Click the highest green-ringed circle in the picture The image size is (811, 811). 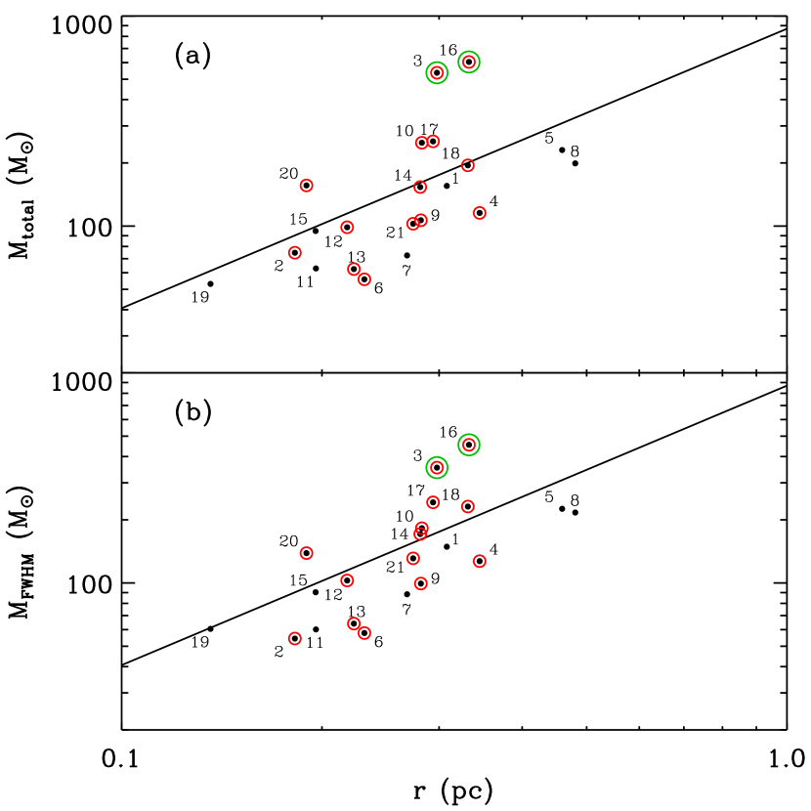click(469, 62)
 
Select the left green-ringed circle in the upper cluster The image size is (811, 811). click(437, 72)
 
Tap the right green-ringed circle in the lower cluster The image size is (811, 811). click(469, 445)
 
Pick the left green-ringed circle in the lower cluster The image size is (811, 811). click(437, 468)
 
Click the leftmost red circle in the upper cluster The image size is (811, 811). click(295, 253)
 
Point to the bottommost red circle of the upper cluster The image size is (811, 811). click(364, 279)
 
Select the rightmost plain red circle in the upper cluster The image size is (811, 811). click(480, 213)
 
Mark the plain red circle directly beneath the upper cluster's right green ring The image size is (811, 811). click(468, 165)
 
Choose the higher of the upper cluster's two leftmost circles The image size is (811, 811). click(307, 186)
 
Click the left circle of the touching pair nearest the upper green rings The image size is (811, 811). click(422, 143)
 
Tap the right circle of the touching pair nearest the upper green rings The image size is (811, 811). click(433, 142)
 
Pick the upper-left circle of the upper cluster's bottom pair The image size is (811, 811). click(354, 269)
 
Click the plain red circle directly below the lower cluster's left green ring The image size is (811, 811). click(433, 502)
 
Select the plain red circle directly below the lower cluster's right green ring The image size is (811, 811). click(468, 506)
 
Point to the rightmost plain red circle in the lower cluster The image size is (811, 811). click(480, 561)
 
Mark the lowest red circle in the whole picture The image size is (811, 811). click(295, 638)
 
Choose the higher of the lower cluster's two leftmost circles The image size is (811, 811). click(307, 553)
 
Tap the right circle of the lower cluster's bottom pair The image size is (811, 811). click(364, 633)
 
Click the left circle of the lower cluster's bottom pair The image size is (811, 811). click(354, 623)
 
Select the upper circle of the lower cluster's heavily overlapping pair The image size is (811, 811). click(422, 528)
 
